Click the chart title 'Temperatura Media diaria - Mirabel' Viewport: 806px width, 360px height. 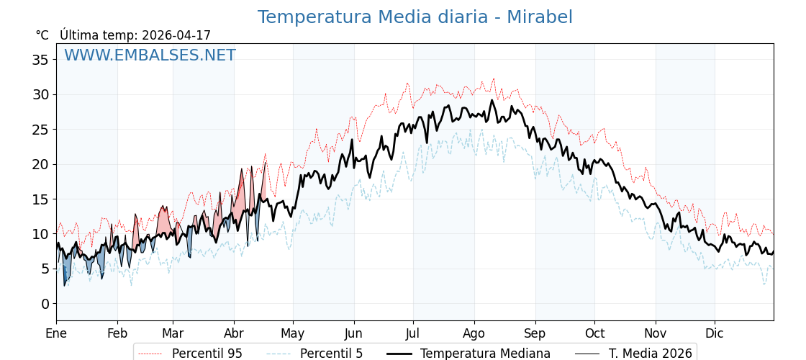click(415, 17)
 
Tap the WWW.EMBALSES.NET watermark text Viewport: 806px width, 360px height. click(150, 55)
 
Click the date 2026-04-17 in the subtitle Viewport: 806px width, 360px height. click(176, 35)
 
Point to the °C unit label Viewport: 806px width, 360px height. click(42, 35)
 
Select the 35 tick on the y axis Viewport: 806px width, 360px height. click(40, 60)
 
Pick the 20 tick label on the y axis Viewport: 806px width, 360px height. click(40, 164)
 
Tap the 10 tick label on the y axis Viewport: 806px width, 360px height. click(40, 234)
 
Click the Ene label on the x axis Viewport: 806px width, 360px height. click(56, 333)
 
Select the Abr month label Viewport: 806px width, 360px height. click(234, 333)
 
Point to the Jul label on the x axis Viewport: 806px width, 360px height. click(413, 333)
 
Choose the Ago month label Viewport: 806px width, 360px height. click(474, 333)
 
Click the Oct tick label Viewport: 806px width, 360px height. click(594, 333)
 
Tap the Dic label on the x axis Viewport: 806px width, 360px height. click(715, 333)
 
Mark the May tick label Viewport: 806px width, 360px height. click(293, 333)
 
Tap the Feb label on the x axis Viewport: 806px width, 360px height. click(117, 333)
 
